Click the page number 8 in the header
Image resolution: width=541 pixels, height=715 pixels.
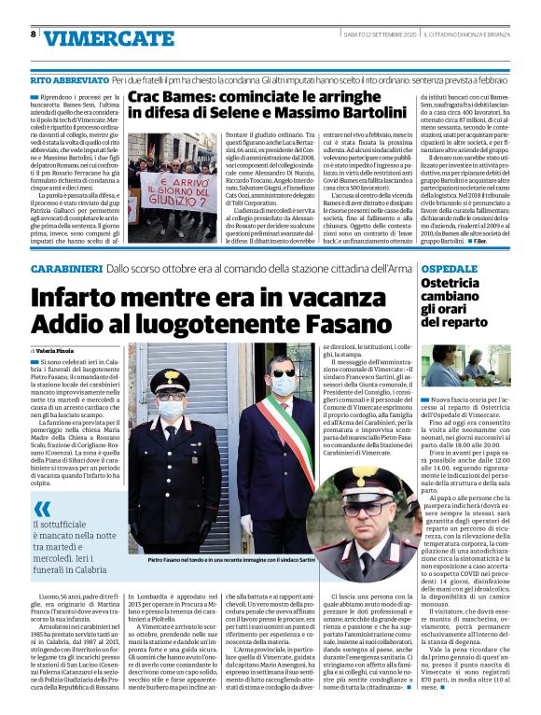(34, 35)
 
